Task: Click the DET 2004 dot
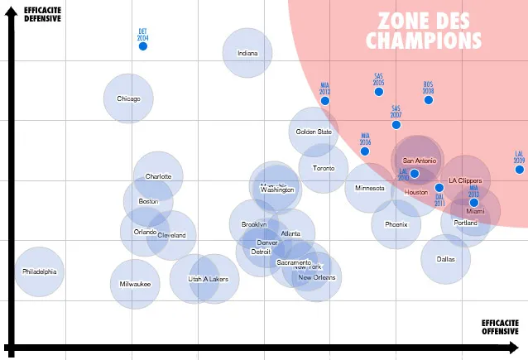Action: click(142, 46)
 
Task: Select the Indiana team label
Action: click(247, 53)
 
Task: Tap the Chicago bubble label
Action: click(128, 98)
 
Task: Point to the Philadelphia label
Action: click(40, 271)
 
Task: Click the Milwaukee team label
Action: click(135, 284)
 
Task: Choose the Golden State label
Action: click(314, 132)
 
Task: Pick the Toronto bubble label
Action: click(324, 168)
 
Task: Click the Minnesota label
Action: click(369, 188)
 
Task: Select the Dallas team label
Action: click(446, 259)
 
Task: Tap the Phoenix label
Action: click(396, 224)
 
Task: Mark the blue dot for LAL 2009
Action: click(520, 170)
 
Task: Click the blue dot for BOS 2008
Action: click(429, 100)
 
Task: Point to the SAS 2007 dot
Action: click(396, 125)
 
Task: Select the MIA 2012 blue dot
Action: click(325, 101)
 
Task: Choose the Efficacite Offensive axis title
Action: click(500, 327)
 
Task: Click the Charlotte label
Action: click(158, 176)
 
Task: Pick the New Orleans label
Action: click(317, 277)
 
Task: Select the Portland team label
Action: click(466, 223)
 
